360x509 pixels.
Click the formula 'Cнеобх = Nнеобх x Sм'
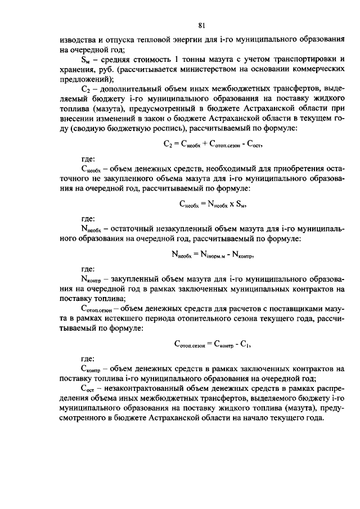click(x=209, y=206)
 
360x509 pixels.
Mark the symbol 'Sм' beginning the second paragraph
click(x=86, y=59)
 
